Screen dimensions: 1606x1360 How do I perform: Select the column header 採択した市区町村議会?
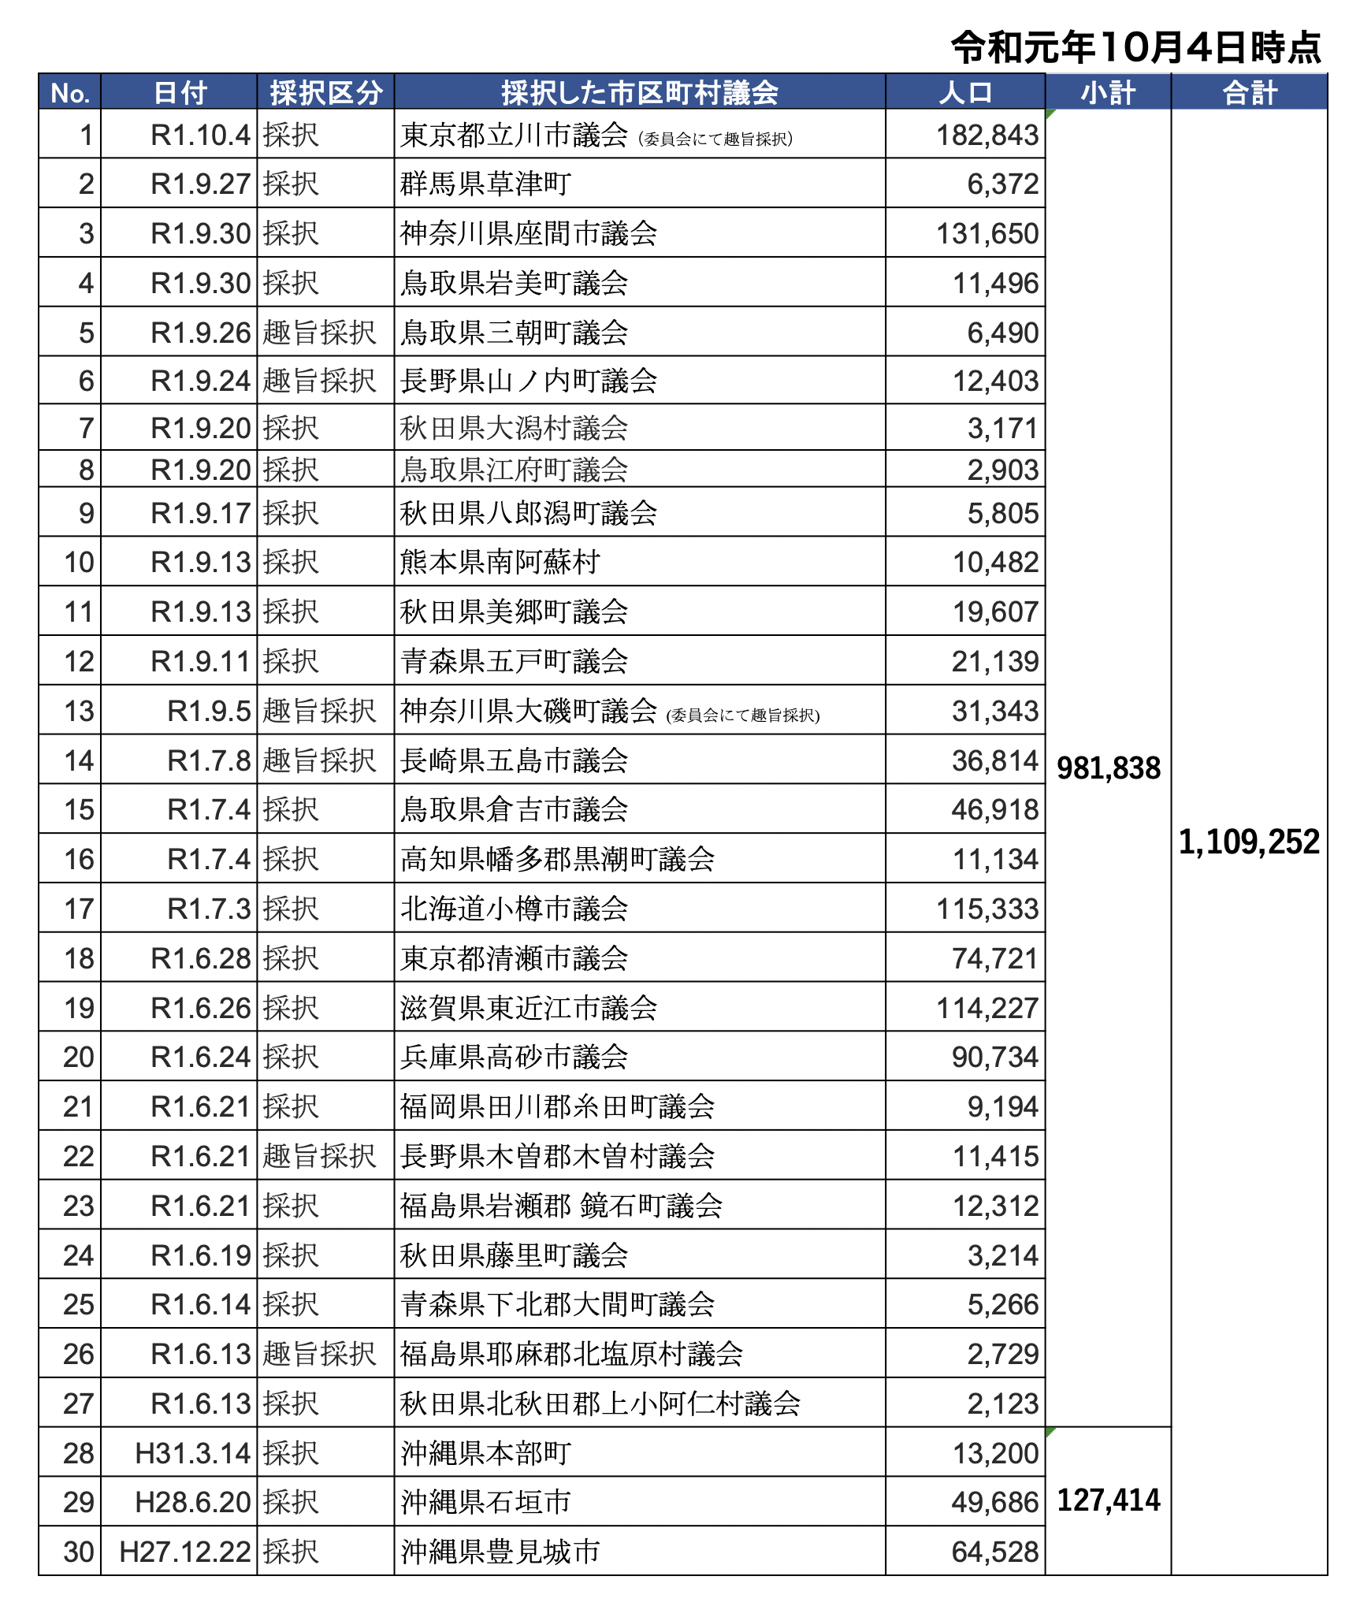pos(639,92)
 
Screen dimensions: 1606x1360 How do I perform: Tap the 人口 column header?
pos(964,92)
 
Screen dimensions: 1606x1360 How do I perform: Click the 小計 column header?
pos(1107,92)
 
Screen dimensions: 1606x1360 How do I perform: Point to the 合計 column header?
pos(1249,92)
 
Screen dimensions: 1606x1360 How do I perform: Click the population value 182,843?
pos(987,136)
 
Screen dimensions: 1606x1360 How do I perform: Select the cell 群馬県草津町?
pos(485,184)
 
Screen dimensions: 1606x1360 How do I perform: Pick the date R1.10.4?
pos(200,136)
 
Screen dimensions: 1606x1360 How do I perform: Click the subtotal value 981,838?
pos(1108,768)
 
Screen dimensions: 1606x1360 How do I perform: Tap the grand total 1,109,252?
pos(1249,842)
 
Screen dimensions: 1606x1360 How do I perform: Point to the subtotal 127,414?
pos(1108,1500)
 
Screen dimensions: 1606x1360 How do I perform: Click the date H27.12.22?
pos(184,1552)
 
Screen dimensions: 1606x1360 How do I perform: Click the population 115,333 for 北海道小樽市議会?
pos(987,909)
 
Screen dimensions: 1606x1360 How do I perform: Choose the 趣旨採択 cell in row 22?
pos(319,1156)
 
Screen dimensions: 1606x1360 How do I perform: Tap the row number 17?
pos(79,909)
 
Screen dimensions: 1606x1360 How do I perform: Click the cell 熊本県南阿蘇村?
pos(500,563)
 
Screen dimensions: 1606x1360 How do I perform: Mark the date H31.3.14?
pos(192,1453)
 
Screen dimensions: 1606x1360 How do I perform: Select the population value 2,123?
pos(1002,1403)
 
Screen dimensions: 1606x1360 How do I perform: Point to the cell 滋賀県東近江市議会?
pos(528,1008)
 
